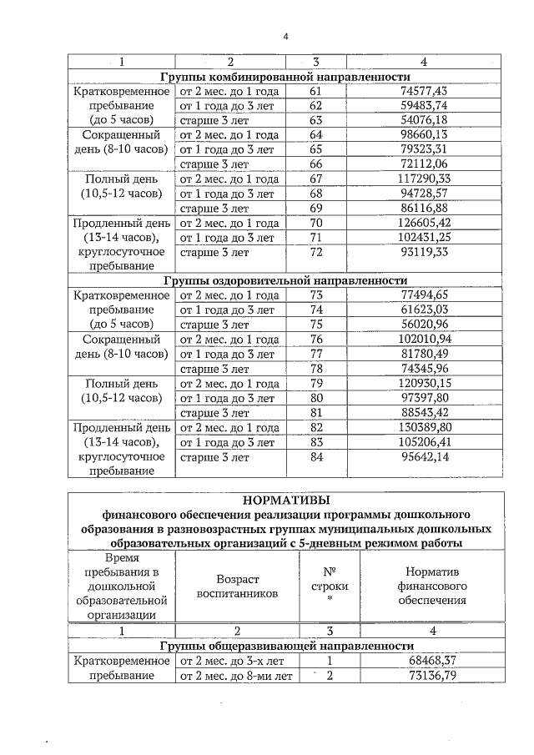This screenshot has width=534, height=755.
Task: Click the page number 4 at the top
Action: coord(286,36)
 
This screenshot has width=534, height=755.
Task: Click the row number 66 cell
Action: coord(315,164)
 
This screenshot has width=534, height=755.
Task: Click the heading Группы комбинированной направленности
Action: coord(286,76)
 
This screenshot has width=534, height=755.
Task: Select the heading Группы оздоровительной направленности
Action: coord(286,280)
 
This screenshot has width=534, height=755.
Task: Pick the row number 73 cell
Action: coord(315,294)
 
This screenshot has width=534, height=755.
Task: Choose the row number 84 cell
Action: coord(315,457)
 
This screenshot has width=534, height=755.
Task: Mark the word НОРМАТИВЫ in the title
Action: coord(286,500)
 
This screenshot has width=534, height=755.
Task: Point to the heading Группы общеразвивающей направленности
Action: coord(286,646)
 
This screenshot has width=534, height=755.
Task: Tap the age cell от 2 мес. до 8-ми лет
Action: coord(237,676)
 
